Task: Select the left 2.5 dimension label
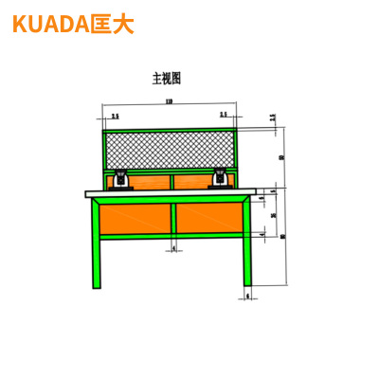[115, 116]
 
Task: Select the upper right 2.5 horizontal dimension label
[224, 116]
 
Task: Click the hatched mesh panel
[169, 148]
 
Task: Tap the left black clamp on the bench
[121, 179]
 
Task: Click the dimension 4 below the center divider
[173, 249]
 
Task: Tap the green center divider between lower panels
[172, 219]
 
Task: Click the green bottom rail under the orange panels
[171, 237]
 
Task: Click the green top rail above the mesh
[169, 129]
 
